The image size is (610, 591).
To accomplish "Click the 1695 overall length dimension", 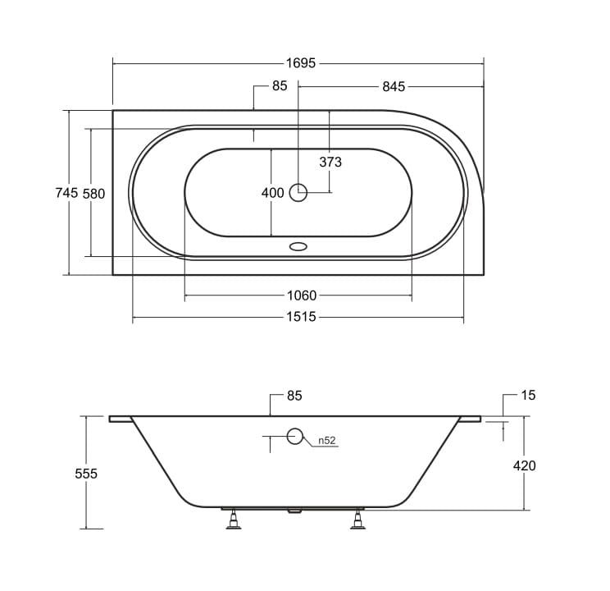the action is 301,63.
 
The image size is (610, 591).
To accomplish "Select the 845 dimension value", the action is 394,86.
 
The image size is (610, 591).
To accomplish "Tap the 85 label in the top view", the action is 280,85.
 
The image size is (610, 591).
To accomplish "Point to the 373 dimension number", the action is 330,162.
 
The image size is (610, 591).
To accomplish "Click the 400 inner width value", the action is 272,193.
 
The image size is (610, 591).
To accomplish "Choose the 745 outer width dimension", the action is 66,192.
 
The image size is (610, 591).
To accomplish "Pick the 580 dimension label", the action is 93,194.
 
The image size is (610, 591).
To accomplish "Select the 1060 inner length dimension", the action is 302,295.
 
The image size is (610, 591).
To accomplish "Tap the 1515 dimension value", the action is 301,317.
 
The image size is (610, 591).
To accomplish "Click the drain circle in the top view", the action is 298,192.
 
